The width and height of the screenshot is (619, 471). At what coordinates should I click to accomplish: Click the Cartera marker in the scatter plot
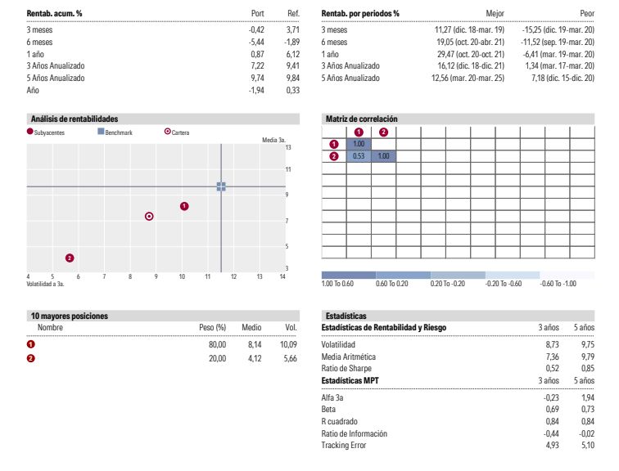[x=149, y=217]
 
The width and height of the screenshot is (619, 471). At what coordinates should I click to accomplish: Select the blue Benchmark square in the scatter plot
[x=221, y=186]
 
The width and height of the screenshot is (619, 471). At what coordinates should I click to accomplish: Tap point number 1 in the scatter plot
[x=184, y=206]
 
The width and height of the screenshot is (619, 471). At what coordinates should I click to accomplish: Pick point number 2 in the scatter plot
[x=70, y=258]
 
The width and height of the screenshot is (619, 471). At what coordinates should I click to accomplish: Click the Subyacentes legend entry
[x=45, y=132]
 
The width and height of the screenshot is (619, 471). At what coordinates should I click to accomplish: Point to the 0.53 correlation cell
[x=359, y=156]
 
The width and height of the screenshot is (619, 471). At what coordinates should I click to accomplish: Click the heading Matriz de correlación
[x=362, y=119]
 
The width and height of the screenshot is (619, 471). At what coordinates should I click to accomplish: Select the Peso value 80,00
[x=218, y=344]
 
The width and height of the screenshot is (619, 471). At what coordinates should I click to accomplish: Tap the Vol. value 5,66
[x=290, y=358]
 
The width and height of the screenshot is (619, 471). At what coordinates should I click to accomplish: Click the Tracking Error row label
[x=344, y=445]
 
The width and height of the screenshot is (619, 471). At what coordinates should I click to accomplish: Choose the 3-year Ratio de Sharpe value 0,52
[x=553, y=368]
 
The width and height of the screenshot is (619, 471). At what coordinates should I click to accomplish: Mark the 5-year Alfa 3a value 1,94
[x=588, y=397]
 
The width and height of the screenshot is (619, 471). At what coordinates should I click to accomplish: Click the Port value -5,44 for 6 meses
[x=256, y=42]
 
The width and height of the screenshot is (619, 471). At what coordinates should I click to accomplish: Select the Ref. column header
[x=293, y=13]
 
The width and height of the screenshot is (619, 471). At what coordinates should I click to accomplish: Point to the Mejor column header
[x=495, y=13]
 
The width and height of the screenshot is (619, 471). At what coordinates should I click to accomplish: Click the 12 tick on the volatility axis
[x=233, y=276]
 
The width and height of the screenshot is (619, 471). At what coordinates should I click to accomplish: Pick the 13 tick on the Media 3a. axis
[x=288, y=147]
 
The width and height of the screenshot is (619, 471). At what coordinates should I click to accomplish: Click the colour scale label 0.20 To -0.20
[x=448, y=284]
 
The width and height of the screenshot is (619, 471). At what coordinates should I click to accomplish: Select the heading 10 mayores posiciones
[x=70, y=316]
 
